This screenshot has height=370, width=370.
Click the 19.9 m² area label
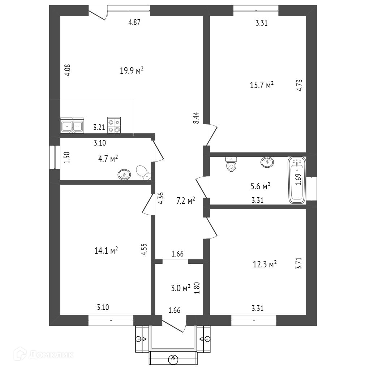pos(132,70)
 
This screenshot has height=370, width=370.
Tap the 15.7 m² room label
pos(262,85)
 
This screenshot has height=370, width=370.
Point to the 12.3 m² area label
pos(264,264)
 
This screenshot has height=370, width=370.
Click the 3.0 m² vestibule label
pos(180,288)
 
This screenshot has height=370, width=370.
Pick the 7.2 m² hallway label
pos(185,201)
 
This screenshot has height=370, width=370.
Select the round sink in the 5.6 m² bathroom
pos(267,162)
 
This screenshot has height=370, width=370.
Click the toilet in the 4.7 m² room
pos(143,172)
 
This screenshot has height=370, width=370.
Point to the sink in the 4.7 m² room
pos(124,175)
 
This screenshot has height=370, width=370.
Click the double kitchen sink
pos(72,126)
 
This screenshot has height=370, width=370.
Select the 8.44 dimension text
pos(196,118)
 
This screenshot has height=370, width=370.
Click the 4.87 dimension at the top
pos(134,22)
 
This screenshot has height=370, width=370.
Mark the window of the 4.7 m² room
pos(55,157)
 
